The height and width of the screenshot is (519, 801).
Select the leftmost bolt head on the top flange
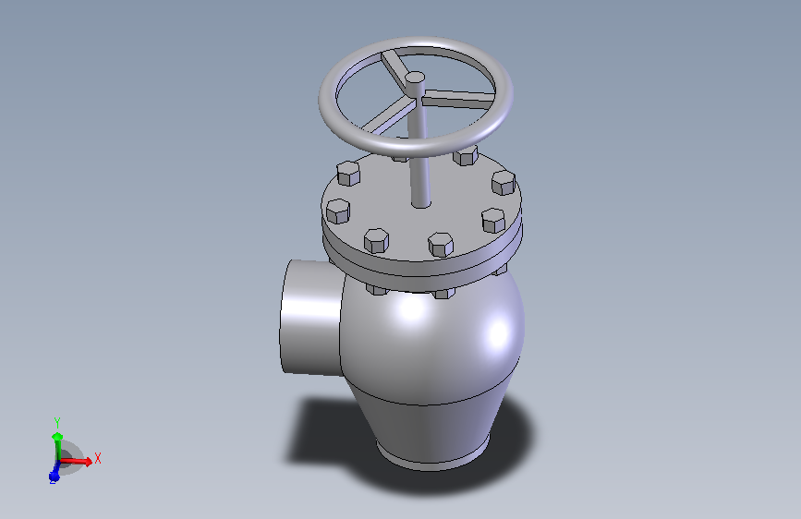338,211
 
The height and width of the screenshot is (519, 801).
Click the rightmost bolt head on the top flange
503,182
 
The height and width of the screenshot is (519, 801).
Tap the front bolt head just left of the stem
376,240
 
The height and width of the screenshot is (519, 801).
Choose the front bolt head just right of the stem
440,245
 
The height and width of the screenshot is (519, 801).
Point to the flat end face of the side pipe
301,316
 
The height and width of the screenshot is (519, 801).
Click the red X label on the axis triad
98,457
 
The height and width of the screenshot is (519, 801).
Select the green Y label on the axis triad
57,422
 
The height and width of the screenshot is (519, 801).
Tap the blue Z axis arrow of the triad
55,474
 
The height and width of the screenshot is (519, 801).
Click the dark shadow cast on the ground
323,434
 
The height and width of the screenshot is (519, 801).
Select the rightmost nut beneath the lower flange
503,269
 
